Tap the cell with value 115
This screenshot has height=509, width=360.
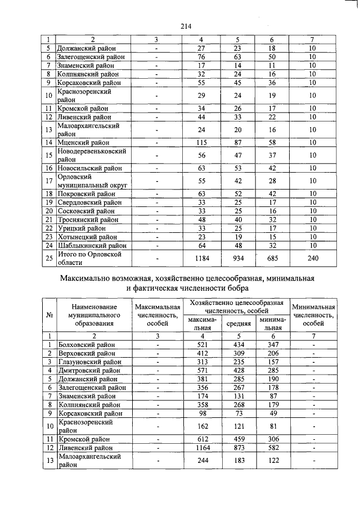point(201,143)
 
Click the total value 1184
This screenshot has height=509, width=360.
point(201,258)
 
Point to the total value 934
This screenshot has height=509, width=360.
point(238,258)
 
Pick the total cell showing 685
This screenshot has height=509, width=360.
point(273,258)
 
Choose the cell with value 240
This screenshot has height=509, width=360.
point(313,258)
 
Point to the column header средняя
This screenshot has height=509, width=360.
point(238,324)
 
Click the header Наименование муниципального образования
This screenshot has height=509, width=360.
point(94,315)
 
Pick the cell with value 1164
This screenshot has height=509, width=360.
point(201,448)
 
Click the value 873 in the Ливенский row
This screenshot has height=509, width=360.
point(238,448)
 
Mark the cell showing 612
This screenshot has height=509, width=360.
point(201,439)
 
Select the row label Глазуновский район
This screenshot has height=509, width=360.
point(87,362)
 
